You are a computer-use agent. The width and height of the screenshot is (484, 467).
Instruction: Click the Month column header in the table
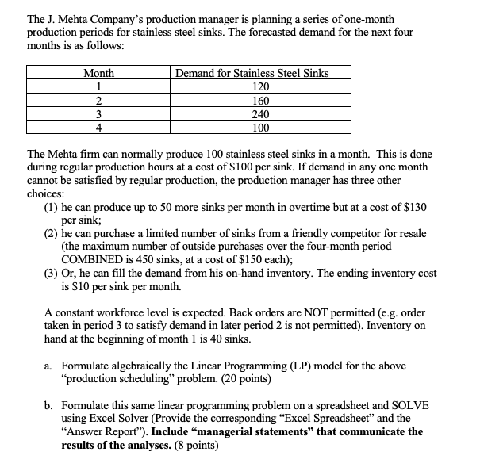pos(99,73)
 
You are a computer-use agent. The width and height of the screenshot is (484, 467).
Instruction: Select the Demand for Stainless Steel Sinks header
pos(252,73)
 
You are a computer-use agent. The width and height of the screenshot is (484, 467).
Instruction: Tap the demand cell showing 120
pos(259,86)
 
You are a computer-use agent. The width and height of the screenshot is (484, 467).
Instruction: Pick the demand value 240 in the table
pos(259,113)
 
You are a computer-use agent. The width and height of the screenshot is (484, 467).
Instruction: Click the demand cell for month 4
pos(259,127)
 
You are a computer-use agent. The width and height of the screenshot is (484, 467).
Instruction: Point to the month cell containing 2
pos(99,101)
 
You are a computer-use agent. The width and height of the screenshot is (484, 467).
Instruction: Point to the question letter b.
pos(48,404)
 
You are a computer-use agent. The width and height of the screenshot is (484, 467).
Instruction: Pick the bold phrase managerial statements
pos(255,431)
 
